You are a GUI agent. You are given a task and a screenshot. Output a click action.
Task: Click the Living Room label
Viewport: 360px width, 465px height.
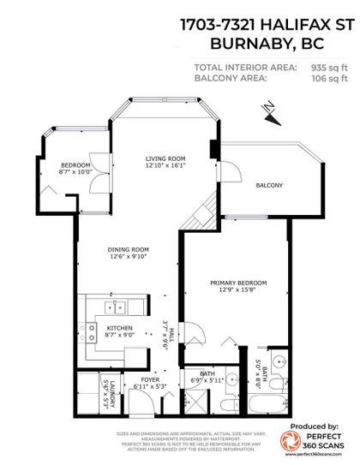point(165,158)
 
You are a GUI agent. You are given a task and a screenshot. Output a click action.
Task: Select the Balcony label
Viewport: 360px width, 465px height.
point(268,185)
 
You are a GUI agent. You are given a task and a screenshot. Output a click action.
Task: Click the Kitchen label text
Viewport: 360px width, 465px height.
point(117,328)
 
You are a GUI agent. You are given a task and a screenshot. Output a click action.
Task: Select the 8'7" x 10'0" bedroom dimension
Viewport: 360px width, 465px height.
point(74,172)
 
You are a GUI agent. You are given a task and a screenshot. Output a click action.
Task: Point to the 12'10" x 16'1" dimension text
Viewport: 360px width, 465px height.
point(165,166)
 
